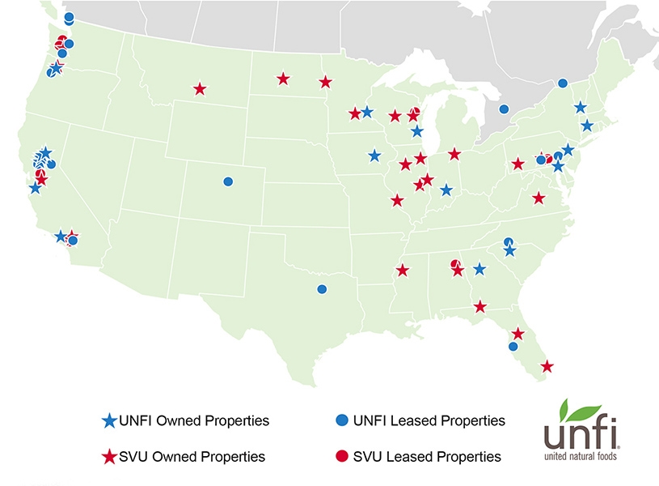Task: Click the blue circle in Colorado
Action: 228,181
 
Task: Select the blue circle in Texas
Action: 322,289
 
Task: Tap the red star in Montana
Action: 200,88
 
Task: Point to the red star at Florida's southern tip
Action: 547,367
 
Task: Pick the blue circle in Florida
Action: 513,347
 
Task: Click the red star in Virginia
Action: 539,198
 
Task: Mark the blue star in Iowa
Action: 374,156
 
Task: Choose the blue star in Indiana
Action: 446,190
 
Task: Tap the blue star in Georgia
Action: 479,269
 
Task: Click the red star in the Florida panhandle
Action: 480,306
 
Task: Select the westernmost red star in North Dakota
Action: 283,79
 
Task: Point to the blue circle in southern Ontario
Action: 504,109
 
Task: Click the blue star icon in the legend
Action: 109,421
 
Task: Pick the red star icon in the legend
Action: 109,457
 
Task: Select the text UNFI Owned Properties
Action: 194,421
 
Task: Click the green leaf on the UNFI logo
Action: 579,409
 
